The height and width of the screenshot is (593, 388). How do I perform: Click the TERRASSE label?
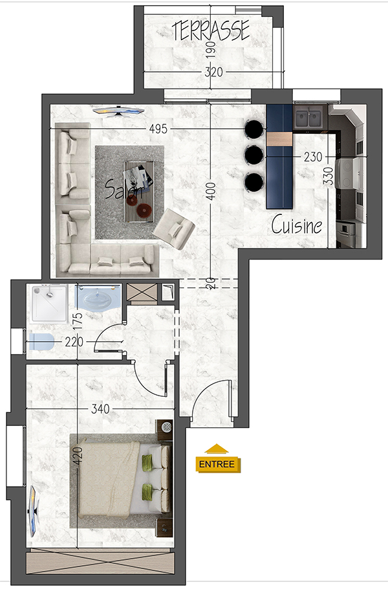pos(211,30)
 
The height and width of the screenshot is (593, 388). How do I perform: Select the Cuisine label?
pos(297,225)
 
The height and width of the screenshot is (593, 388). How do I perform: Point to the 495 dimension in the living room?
pos(158,129)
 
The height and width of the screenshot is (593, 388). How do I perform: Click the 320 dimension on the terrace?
pos(213,72)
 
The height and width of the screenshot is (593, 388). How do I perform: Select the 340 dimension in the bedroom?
pos(100,409)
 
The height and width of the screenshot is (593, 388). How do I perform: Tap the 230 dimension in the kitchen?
pos(313,157)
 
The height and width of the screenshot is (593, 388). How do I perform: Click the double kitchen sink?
pos(308,117)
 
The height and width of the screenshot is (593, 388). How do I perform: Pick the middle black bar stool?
pos(254,155)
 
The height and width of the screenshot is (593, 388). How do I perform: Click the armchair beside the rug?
pos(173,229)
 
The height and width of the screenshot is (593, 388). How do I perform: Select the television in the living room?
pos(118,111)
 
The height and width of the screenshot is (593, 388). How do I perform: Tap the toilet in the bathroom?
pos(41,342)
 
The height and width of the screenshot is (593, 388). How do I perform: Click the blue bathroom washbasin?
pos(98,297)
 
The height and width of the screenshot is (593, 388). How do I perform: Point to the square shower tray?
pos(50,304)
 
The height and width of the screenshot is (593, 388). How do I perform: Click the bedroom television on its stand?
pos(34,511)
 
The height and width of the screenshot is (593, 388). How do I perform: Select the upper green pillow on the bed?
pos(147,462)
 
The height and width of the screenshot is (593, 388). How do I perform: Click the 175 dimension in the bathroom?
pos(77,321)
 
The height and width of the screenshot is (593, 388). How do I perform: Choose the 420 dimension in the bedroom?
pos(77,457)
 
